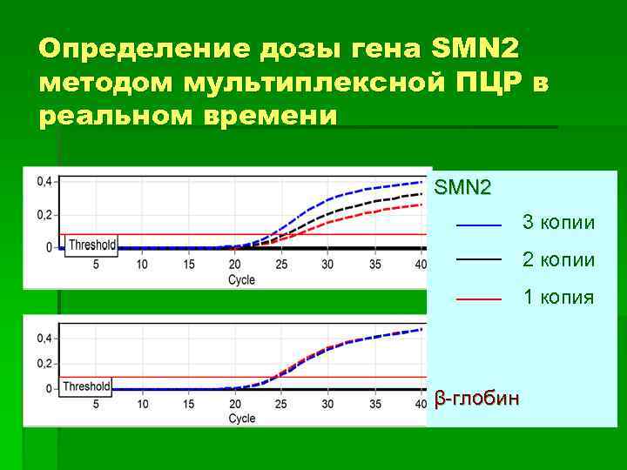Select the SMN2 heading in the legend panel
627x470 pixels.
(462, 186)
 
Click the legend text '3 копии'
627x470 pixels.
(559, 223)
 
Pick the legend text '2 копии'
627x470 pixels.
(559, 260)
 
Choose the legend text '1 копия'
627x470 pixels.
(559, 298)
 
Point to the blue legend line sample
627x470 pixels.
(479, 225)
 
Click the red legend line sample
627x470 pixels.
(479, 299)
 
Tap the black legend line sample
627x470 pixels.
(479, 260)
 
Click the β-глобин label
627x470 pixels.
(477, 399)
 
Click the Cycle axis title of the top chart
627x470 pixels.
(241, 279)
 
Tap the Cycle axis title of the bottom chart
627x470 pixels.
(241, 419)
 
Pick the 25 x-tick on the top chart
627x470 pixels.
(280, 264)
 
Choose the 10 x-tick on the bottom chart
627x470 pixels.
(142, 404)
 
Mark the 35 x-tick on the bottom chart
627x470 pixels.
(374, 404)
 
